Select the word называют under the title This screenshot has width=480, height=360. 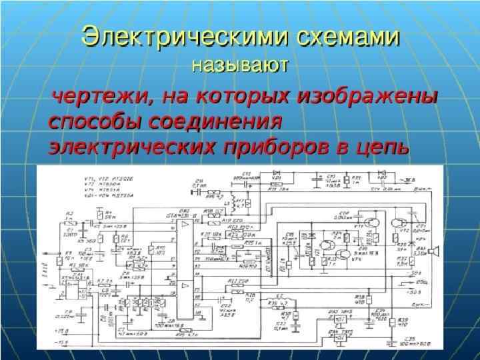(239, 65)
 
